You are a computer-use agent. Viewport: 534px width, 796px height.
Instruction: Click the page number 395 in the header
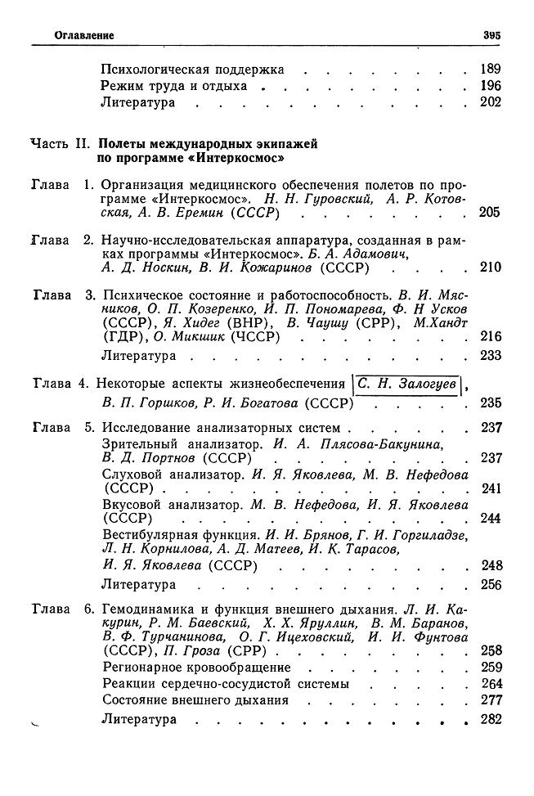coord(491,36)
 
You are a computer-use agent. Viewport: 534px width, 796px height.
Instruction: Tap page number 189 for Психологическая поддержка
coord(491,70)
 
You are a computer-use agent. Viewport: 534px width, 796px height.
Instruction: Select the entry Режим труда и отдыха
coord(173,86)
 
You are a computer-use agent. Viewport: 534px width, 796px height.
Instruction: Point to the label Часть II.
coord(59,143)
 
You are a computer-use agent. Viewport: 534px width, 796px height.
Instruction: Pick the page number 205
coord(490,214)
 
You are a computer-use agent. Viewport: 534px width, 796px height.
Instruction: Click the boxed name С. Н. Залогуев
coord(406,383)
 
